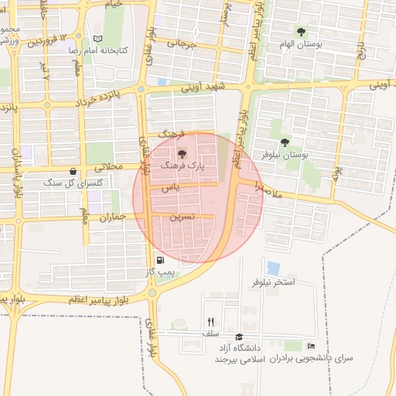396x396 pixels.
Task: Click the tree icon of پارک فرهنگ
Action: (x=183, y=153)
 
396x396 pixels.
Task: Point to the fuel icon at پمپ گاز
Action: (x=160, y=261)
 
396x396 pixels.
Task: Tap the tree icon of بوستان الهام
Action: (x=301, y=32)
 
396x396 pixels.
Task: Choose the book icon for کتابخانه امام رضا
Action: (x=97, y=39)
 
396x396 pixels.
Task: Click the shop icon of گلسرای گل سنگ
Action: (x=73, y=172)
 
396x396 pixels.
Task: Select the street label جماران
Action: (x=111, y=218)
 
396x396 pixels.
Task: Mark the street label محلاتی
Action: (x=108, y=166)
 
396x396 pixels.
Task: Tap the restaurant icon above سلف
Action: (x=210, y=322)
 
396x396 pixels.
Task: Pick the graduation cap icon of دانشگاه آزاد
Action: (x=239, y=337)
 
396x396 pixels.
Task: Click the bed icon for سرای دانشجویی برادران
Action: (x=311, y=346)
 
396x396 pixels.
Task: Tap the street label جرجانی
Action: (x=187, y=44)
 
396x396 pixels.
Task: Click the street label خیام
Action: (x=114, y=5)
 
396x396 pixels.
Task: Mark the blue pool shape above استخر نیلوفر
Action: (x=273, y=268)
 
